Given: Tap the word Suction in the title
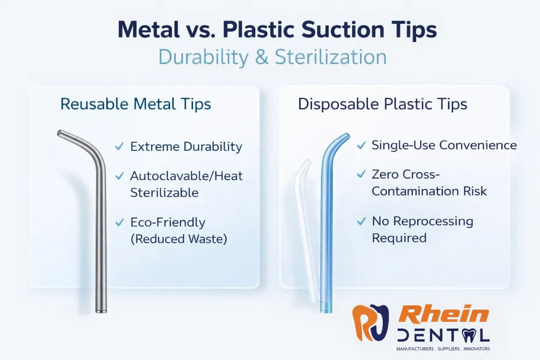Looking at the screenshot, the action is (343, 29).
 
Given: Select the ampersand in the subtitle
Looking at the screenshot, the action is (261, 57).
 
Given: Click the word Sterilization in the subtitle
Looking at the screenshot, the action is (331, 57).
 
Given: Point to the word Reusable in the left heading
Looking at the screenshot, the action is (94, 104).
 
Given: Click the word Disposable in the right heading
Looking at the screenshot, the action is (338, 104).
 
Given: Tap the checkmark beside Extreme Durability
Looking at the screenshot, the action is (119, 146).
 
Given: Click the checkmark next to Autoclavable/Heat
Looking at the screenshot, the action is (120, 176).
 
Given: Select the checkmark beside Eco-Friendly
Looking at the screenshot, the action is (120, 222).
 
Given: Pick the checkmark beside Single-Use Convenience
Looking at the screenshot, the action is (361, 145).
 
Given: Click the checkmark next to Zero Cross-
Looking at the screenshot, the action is (361, 174).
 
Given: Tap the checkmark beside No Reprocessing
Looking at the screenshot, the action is (361, 221).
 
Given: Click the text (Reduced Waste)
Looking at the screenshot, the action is (179, 239).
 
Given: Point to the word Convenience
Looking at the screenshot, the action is (478, 145).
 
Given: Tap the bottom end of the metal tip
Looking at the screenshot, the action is (101, 311).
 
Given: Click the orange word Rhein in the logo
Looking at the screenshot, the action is (444, 314).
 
